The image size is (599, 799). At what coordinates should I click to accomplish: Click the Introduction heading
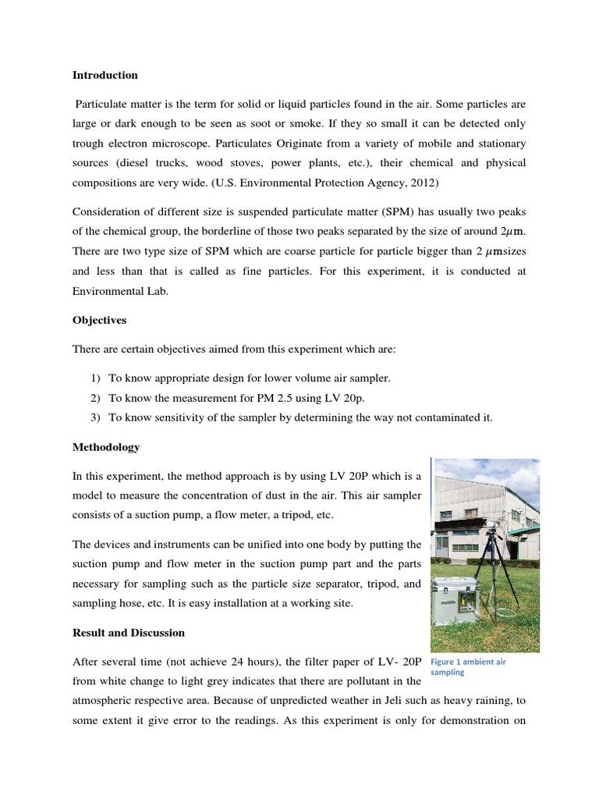105,76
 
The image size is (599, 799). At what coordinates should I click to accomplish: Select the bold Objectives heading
99,320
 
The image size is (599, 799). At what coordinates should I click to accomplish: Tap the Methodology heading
106,447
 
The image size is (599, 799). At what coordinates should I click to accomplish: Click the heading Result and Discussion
129,632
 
